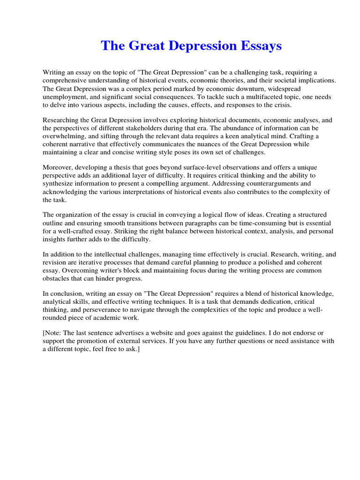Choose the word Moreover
coord(58,167)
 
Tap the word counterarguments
coord(263,184)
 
